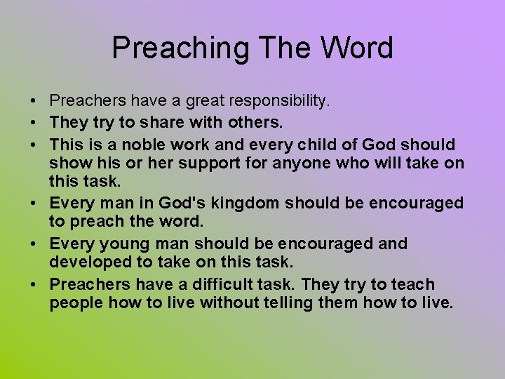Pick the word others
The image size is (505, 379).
(x=255, y=123)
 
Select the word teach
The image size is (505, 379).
(x=412, y=284)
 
